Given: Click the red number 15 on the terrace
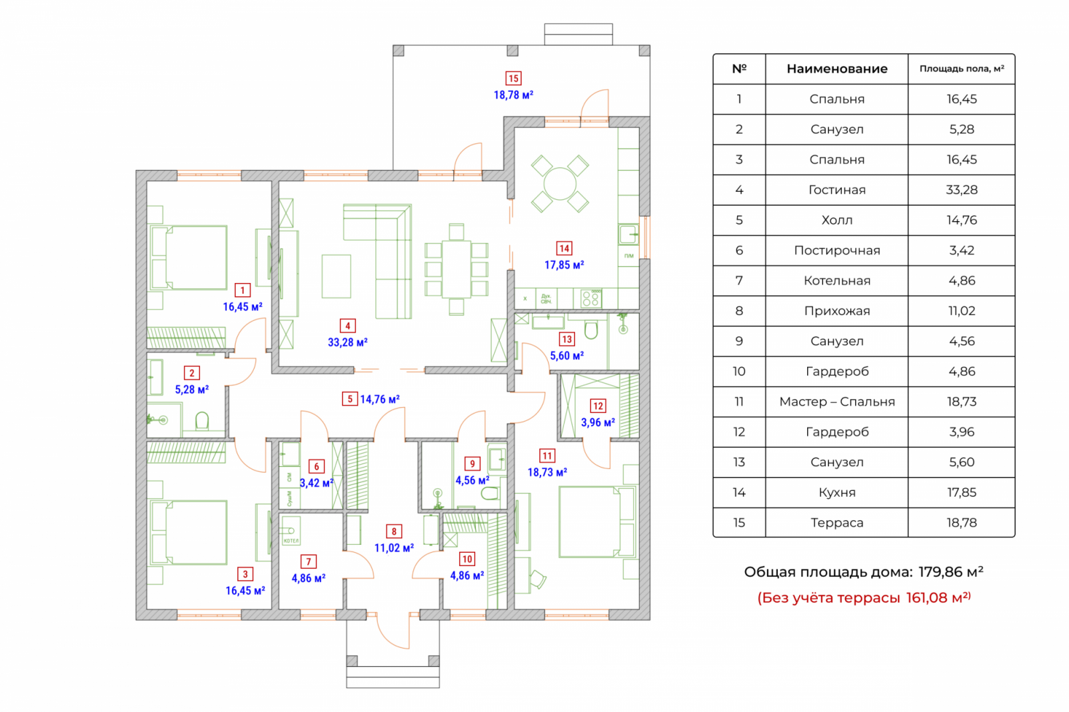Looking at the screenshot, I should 513,79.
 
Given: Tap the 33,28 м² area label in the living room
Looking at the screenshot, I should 347,342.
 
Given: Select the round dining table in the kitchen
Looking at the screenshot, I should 560,184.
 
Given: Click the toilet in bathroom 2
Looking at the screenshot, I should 202,421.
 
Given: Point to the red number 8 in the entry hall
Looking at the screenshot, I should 394,532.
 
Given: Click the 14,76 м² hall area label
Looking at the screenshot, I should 380,400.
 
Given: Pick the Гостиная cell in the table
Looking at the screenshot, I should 836,190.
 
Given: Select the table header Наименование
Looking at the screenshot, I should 836,69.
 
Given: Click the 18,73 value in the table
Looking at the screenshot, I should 961,402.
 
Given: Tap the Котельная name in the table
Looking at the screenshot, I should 836,280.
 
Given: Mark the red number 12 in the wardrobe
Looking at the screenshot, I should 598,406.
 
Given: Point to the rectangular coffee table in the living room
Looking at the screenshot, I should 336,276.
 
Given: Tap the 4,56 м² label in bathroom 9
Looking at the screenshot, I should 472,480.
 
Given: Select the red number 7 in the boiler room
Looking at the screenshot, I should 309,561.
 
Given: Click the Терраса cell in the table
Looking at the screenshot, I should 836,523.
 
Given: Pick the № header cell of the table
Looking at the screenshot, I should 739,69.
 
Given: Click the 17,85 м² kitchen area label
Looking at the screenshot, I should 564,265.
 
